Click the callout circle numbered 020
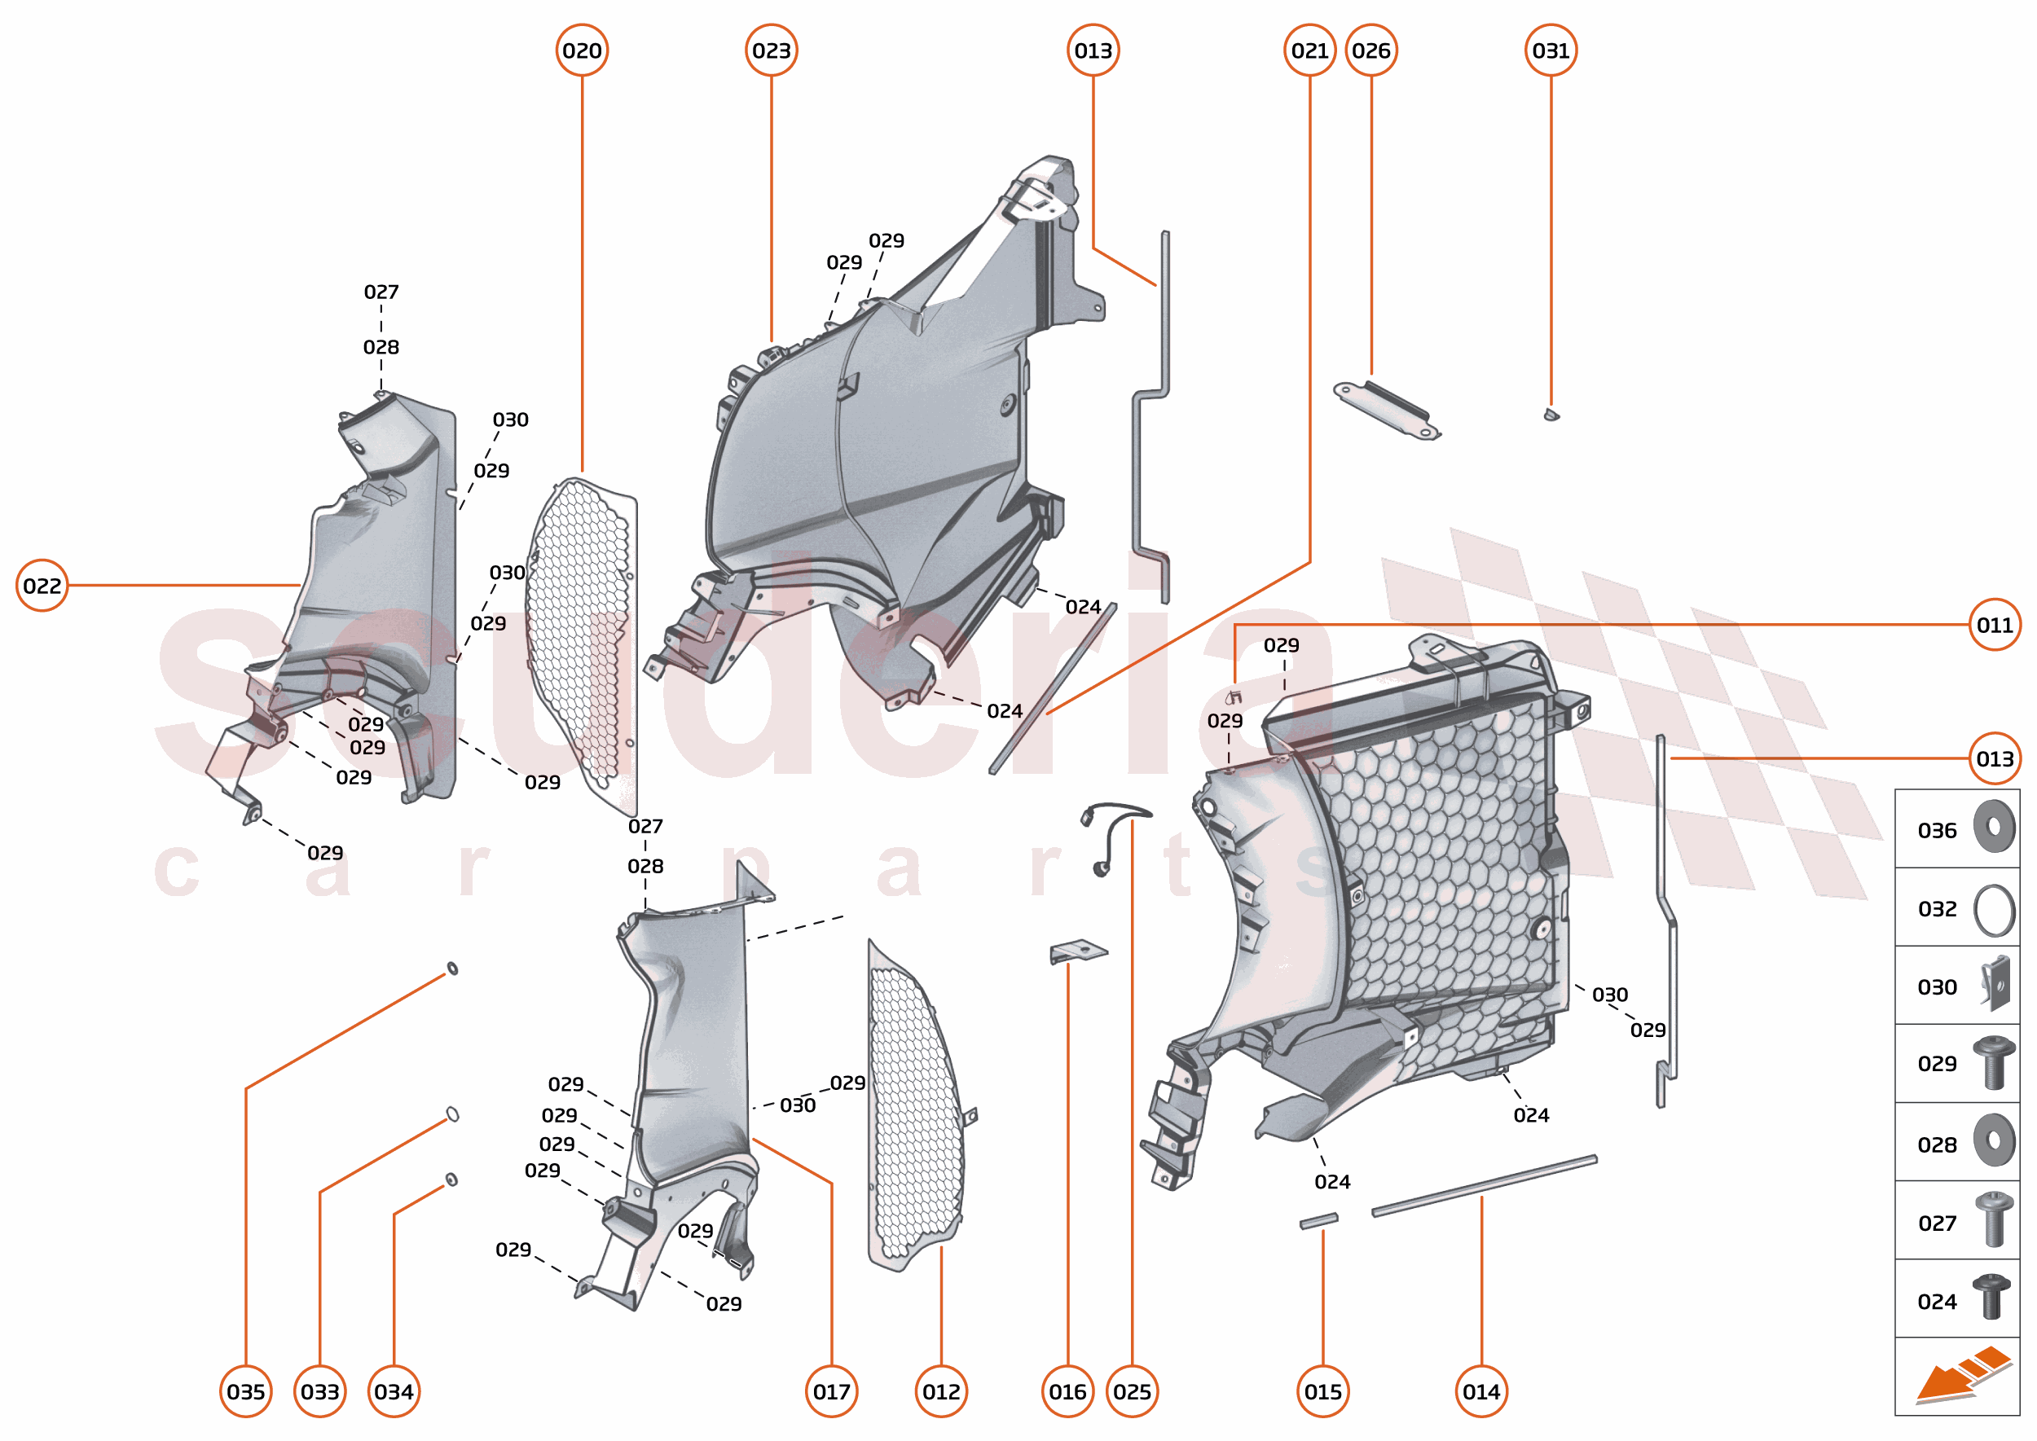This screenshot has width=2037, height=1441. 582,51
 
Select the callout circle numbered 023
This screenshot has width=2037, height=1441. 771,51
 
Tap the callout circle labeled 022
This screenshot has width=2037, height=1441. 42,585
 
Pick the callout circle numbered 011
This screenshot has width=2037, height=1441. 1994,625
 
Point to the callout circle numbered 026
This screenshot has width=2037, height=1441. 1370,51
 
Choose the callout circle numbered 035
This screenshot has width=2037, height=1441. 246,1391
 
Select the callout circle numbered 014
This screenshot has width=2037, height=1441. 1480,1391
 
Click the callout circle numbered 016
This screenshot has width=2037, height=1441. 1067,1391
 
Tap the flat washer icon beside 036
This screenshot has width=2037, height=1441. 1994,826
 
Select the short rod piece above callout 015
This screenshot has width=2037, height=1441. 1318,1221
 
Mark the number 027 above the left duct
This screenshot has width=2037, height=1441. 381,291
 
